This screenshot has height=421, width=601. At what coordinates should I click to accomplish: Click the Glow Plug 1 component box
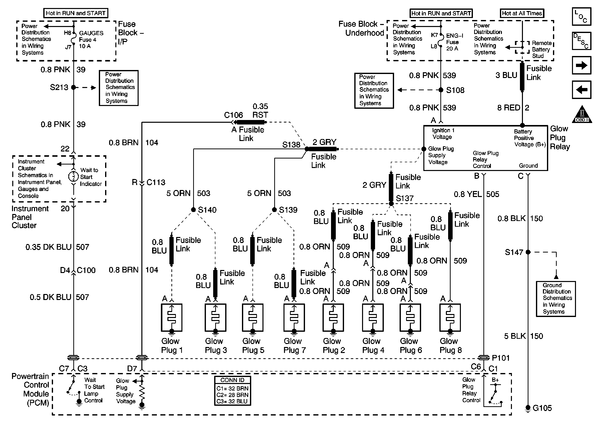click(171, 317)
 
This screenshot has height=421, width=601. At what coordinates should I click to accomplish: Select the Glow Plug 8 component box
click(450, 317)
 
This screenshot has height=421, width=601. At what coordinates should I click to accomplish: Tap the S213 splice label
click(59, 87)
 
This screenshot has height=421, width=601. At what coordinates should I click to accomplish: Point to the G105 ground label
click(542, 408)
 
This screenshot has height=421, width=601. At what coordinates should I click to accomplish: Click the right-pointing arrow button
click(581, 65)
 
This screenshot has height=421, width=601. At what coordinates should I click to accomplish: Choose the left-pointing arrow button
click(581, 90)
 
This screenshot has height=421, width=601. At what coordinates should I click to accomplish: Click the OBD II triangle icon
click(582, 114)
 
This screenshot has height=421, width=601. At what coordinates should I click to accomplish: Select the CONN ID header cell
click(232, 380)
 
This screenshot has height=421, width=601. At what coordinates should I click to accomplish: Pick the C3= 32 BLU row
click(232, 401)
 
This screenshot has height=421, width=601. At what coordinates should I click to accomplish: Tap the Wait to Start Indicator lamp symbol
click(74, 177)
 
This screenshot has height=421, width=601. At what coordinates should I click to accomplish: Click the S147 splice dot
click(528, 252)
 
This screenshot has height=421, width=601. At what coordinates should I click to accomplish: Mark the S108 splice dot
click(441, 90)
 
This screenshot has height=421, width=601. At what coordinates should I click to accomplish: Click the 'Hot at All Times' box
click(522, 13)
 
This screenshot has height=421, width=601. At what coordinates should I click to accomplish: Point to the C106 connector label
click(233, 115)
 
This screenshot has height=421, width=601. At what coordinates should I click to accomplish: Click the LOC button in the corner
click(581, 16)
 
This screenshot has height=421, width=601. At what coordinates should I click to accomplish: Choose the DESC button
click(581, 41)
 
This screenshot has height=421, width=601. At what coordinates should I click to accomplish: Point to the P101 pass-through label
click(501, 358)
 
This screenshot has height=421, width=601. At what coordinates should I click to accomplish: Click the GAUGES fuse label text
click(91, 33)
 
